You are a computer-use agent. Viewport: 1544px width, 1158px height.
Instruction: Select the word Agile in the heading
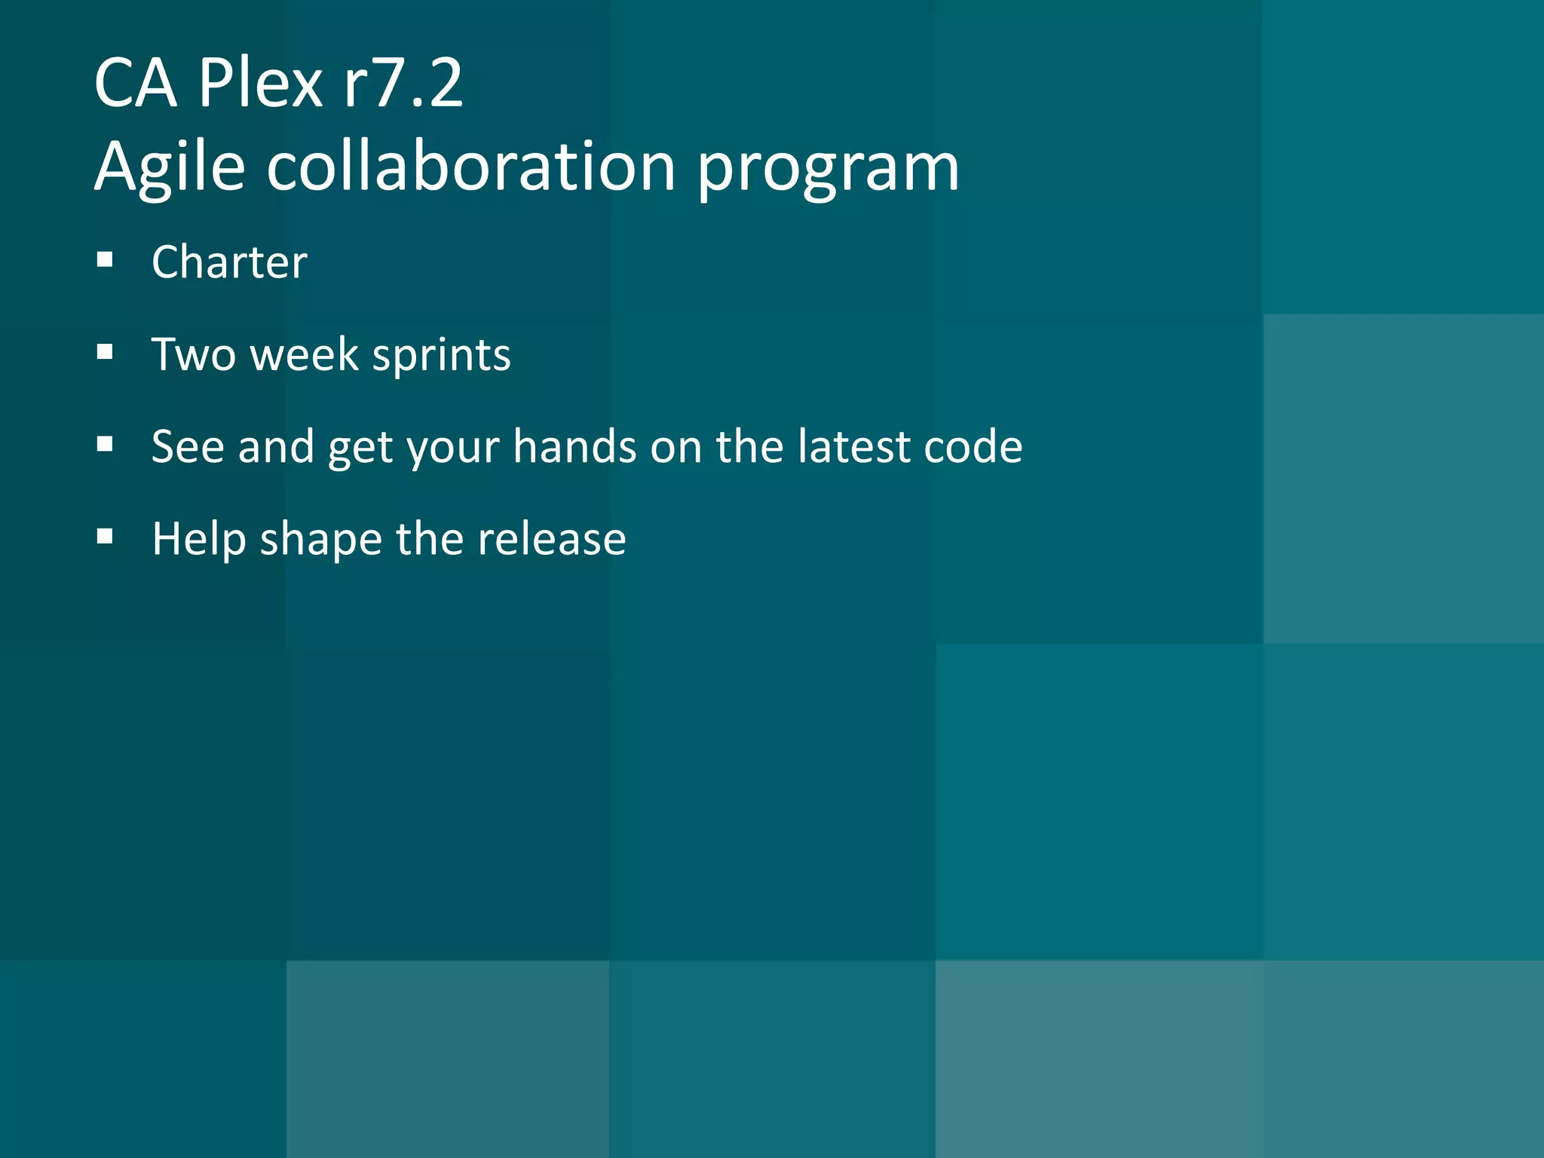pos(170,167)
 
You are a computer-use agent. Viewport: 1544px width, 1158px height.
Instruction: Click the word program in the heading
pos(828,169)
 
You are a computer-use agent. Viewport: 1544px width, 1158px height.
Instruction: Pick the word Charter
pos(229,262)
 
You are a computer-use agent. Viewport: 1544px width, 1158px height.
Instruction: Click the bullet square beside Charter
pos(105,261)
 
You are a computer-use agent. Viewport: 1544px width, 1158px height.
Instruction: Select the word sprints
pos(442,356)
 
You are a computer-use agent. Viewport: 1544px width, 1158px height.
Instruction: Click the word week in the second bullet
pos(305,354)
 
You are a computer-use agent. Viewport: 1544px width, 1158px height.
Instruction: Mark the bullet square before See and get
pos(105,445)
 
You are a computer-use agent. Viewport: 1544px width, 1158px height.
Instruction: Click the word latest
pos(853,446)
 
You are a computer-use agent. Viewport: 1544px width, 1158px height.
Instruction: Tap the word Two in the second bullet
pos(193,354)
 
